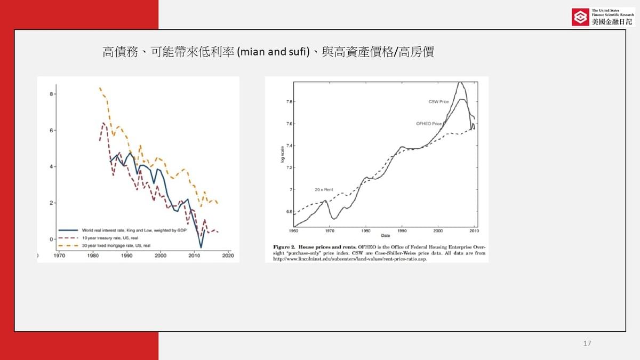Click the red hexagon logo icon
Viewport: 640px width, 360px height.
pyautogui.click(x=579, y=17)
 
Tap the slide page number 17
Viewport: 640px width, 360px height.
pyautogui.click(x=588, y=343)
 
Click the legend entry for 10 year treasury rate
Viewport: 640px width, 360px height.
pyautogui.click(x=110, y=237)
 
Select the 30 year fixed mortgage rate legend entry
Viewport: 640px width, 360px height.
pyautogui.click(x=116, y=245)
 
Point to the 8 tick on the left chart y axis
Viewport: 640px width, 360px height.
pyautogui.click(x=52, y=94)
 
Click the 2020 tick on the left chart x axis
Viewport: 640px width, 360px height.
pyautogui.click(x=228, y=256)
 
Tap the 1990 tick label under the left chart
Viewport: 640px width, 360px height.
pyautogui.click(x=126, y=256)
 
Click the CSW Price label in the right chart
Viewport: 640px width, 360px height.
pyautogui.click(x=438, y=101)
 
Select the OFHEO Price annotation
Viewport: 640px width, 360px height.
pyautogui.click(x=429, y=124)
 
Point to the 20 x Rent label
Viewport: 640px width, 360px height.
pyautogui.click(x=324, y=189)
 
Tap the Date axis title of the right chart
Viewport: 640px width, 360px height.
pyautogui.click(x=385, y=235)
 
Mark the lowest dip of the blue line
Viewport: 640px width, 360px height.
pyautogui.click(x=201, y=247)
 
